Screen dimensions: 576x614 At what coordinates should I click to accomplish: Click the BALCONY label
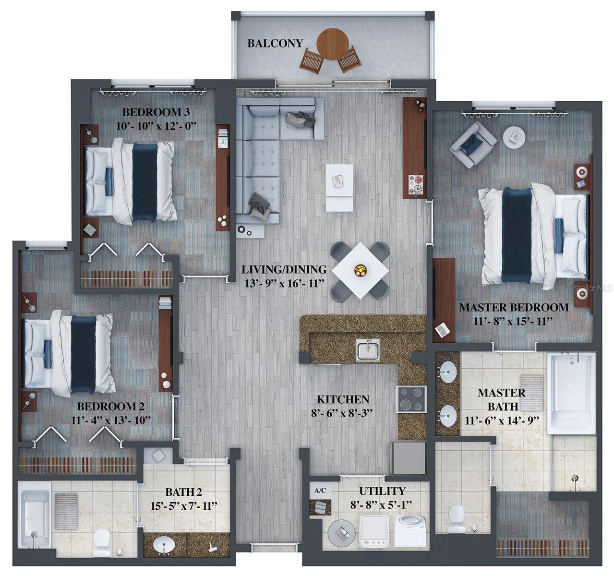click(x=275, y=43)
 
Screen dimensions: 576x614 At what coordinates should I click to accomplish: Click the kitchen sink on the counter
click(x=368, y=349)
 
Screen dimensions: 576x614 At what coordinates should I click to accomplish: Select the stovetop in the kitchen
click(x=411, y=399)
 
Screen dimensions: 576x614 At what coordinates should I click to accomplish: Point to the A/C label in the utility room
click(x=320, y=491)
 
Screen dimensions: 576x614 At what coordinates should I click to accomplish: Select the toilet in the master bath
click(x=456, y=518)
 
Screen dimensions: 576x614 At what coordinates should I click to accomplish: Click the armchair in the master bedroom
click(x=472, y=144)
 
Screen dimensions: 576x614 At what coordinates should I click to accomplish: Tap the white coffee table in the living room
click(x=339, y=187)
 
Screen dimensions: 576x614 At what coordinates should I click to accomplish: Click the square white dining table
click(x=360, y=270)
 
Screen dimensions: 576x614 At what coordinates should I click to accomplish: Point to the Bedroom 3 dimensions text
click(x=157, y=126)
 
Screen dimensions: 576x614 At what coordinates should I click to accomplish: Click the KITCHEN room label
click(x=343, y=399)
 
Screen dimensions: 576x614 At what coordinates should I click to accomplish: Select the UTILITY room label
click(x=382, y=491)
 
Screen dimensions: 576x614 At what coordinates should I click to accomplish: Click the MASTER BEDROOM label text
click(x=514, y=307)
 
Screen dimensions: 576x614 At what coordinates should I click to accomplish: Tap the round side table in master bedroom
click(x=514, y=137)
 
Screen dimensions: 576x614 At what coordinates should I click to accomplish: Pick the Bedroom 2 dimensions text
click(x=110, y=420)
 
